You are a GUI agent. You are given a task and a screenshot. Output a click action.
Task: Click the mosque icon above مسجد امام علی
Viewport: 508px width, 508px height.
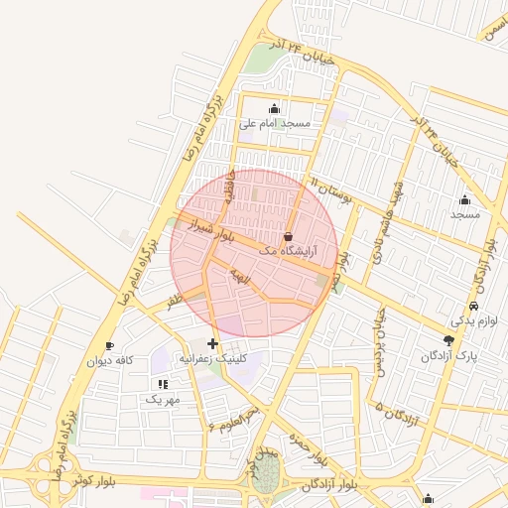click(274, 108)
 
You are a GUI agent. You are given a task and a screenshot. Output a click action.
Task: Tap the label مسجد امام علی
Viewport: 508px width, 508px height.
click(275, 124)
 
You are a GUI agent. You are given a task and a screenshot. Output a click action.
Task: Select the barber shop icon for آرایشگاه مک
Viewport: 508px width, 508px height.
click(288, 237)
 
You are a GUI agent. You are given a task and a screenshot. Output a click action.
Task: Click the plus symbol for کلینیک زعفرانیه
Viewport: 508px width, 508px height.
click(212, 342)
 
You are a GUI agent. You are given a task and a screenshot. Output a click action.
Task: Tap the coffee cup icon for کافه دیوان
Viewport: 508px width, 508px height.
click(109, 345)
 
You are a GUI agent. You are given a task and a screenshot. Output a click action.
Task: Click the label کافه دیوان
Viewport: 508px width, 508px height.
click(109, 361)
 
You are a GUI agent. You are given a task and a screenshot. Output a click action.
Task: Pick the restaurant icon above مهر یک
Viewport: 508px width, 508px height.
click(162, 384)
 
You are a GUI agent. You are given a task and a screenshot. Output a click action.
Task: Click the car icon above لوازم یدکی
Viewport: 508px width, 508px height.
click(473, 306)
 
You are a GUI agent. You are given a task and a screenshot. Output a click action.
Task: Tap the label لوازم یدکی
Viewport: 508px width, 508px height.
click(470, 321)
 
